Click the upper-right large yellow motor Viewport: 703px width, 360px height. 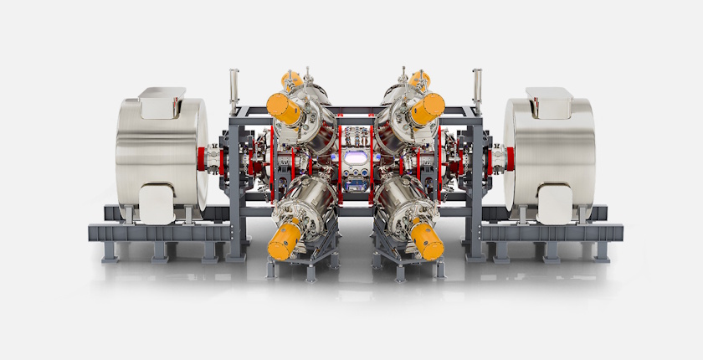tap(427, 106)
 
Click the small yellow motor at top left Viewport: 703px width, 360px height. tap(290, 80)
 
